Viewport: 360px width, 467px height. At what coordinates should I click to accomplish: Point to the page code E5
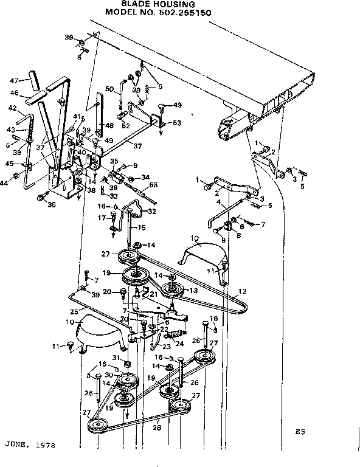299,432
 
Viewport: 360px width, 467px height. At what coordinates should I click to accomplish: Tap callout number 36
51,204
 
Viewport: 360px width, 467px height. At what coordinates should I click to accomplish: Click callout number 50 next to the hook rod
109,89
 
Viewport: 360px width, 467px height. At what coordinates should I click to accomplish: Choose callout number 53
177,123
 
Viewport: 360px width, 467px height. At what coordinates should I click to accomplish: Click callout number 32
152,211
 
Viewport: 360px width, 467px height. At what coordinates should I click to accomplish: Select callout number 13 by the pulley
195,291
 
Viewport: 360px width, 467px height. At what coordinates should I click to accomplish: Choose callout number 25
74,311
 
